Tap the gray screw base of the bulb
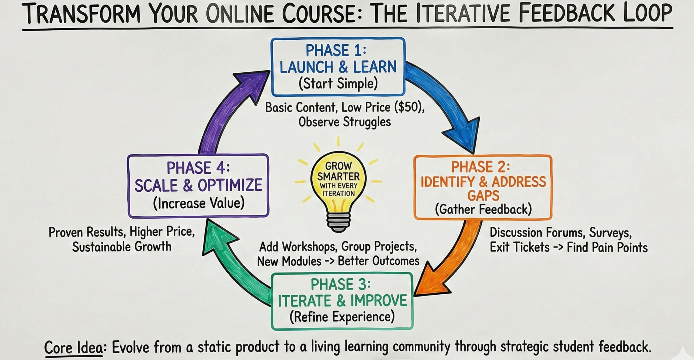coord(338,222)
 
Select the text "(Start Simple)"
coord(338,83)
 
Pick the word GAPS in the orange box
coord(483,196)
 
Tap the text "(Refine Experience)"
coord(342,317)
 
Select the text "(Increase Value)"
coord(199,203)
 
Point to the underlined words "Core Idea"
coord(73,347)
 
